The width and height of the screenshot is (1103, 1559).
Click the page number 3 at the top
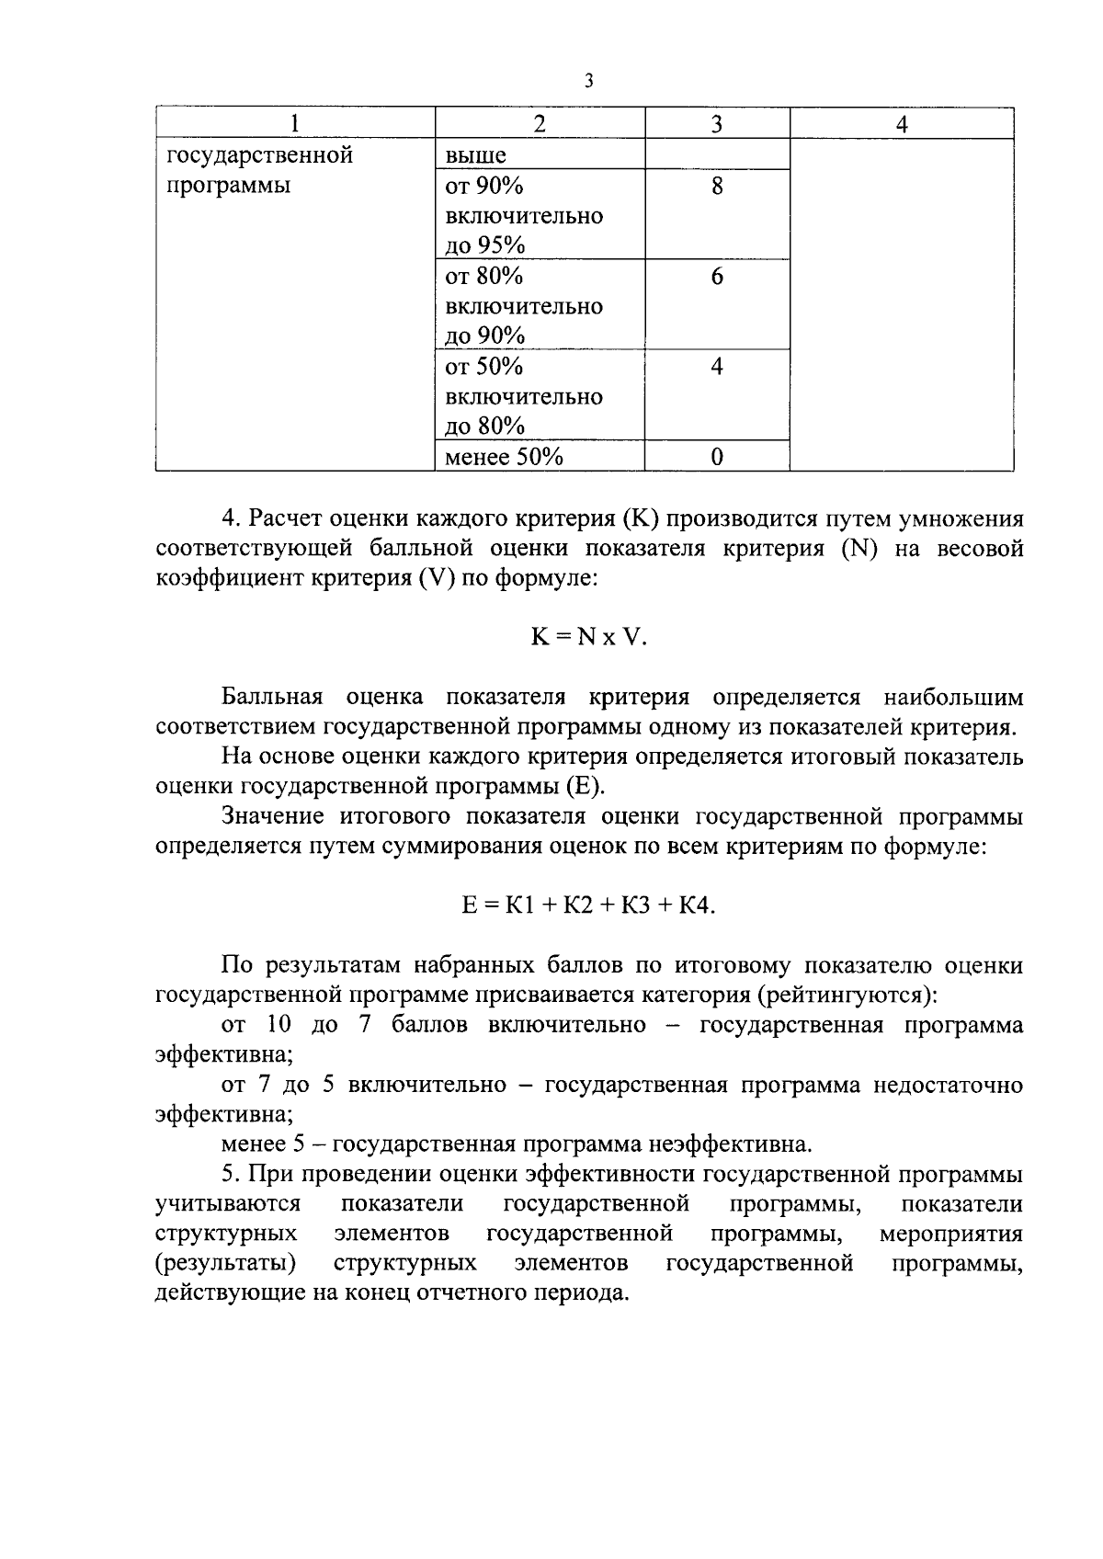click(x=588, y=82)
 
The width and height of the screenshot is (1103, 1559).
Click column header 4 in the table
click(x=902, y=124)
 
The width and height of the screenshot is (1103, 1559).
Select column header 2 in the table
click(x=540, y=124)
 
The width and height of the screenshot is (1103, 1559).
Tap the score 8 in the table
click(x=717, y=187)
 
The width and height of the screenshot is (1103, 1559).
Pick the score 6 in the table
click(x=717, y=277)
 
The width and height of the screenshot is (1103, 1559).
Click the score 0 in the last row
click(x=717, y=457)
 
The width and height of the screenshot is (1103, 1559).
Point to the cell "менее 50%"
click(x=504, y=457)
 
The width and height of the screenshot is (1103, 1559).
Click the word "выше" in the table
click(x=475, y=156)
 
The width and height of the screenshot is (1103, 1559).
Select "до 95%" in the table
click(x=484, y=245)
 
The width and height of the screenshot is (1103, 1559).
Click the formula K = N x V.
click(x=588, y=637)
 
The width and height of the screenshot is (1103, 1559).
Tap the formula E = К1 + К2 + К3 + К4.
click(x=588, y=905)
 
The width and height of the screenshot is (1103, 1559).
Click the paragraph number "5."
click(x=231, y=1175)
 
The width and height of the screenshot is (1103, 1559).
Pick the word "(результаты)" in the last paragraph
click(x=225, y=1263)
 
